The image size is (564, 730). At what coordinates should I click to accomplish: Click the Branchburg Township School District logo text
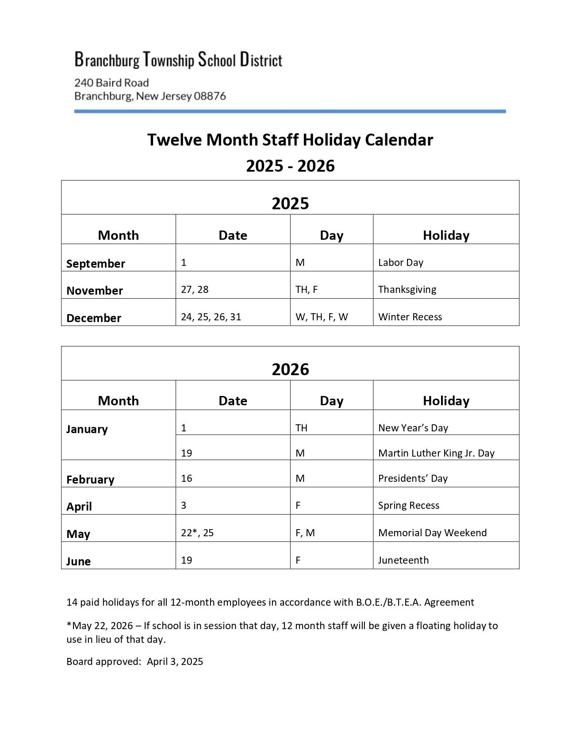pos(178,59)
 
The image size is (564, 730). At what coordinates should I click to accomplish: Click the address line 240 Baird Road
pos(111,83)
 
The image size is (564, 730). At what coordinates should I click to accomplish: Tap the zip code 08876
pos(210,96)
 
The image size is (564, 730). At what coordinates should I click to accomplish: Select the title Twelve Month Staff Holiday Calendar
pos(290,140)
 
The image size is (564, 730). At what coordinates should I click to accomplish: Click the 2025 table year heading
pos(290,204)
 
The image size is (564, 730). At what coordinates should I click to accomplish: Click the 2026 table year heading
pos(290,369)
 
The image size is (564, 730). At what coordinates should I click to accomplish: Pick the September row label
pos(96,264)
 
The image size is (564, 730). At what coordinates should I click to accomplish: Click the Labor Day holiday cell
pos(401,262)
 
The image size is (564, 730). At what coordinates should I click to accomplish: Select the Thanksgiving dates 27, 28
pos(195,289)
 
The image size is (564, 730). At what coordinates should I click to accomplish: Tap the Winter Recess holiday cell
pos(410,317)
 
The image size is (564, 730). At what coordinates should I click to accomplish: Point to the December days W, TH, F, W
pos(322,317)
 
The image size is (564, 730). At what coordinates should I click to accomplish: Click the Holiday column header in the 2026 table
pos(446,400)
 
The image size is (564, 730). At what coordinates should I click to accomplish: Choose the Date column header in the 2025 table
pos(233,235)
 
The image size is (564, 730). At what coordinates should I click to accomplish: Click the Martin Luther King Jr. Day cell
pos(436,453)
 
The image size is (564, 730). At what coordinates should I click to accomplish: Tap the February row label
pos(90,480)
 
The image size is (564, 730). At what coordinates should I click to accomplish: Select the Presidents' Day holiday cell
pos(413,478)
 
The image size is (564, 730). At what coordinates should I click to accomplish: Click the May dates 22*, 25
pos(197,533)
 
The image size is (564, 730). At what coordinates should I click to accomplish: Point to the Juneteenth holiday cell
pos(403,560)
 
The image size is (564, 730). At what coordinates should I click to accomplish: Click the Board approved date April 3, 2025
pos(175,661)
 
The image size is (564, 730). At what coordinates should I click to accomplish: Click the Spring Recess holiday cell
pos(409,505)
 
